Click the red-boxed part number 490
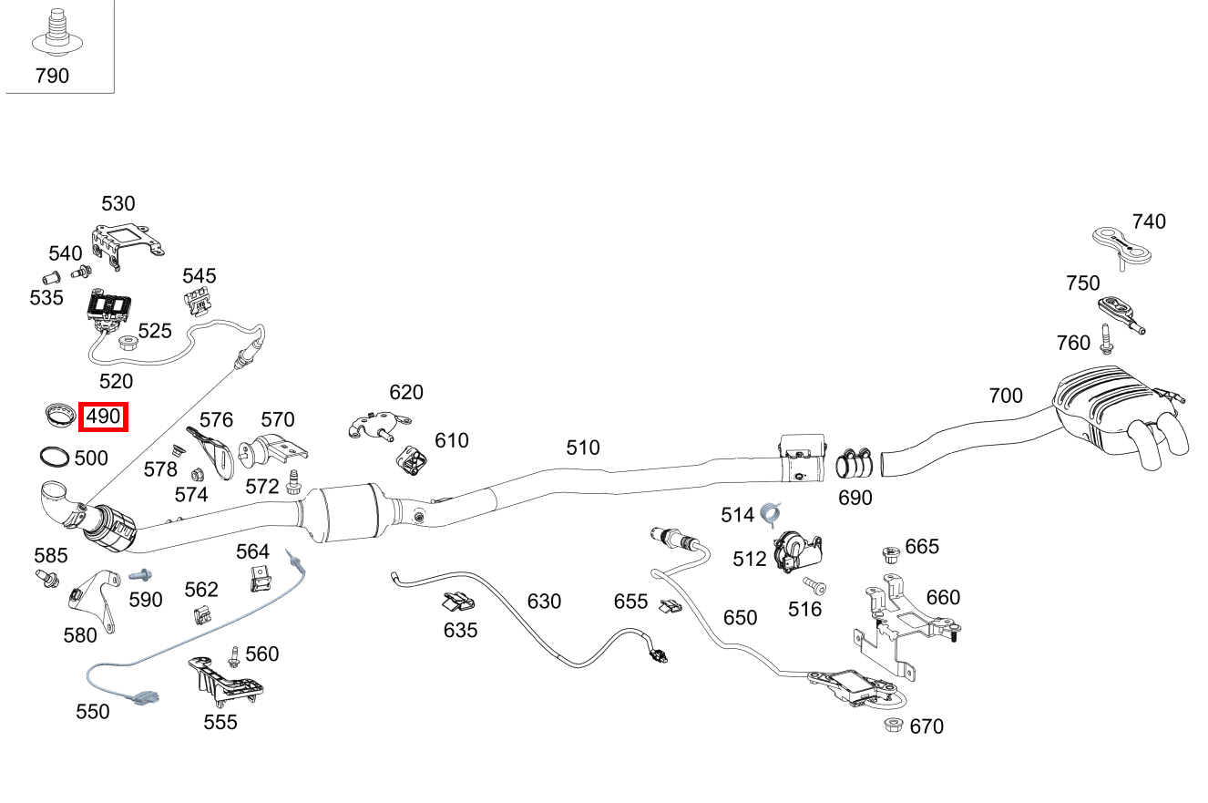pos(103,417)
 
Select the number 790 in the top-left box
pos(52,76)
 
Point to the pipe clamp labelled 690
pos(855,463)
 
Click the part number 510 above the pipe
pos(583,448)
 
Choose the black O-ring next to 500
pos(54,457)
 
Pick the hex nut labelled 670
pos(893,725)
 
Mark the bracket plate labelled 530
pos(124,243)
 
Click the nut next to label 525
pos(128,343)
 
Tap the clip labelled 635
pos(459,602)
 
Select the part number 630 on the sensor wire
pos(544,602)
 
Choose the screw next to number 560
pos(235,655)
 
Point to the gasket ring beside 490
pos(61,416)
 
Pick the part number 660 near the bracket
pos(943,597)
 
